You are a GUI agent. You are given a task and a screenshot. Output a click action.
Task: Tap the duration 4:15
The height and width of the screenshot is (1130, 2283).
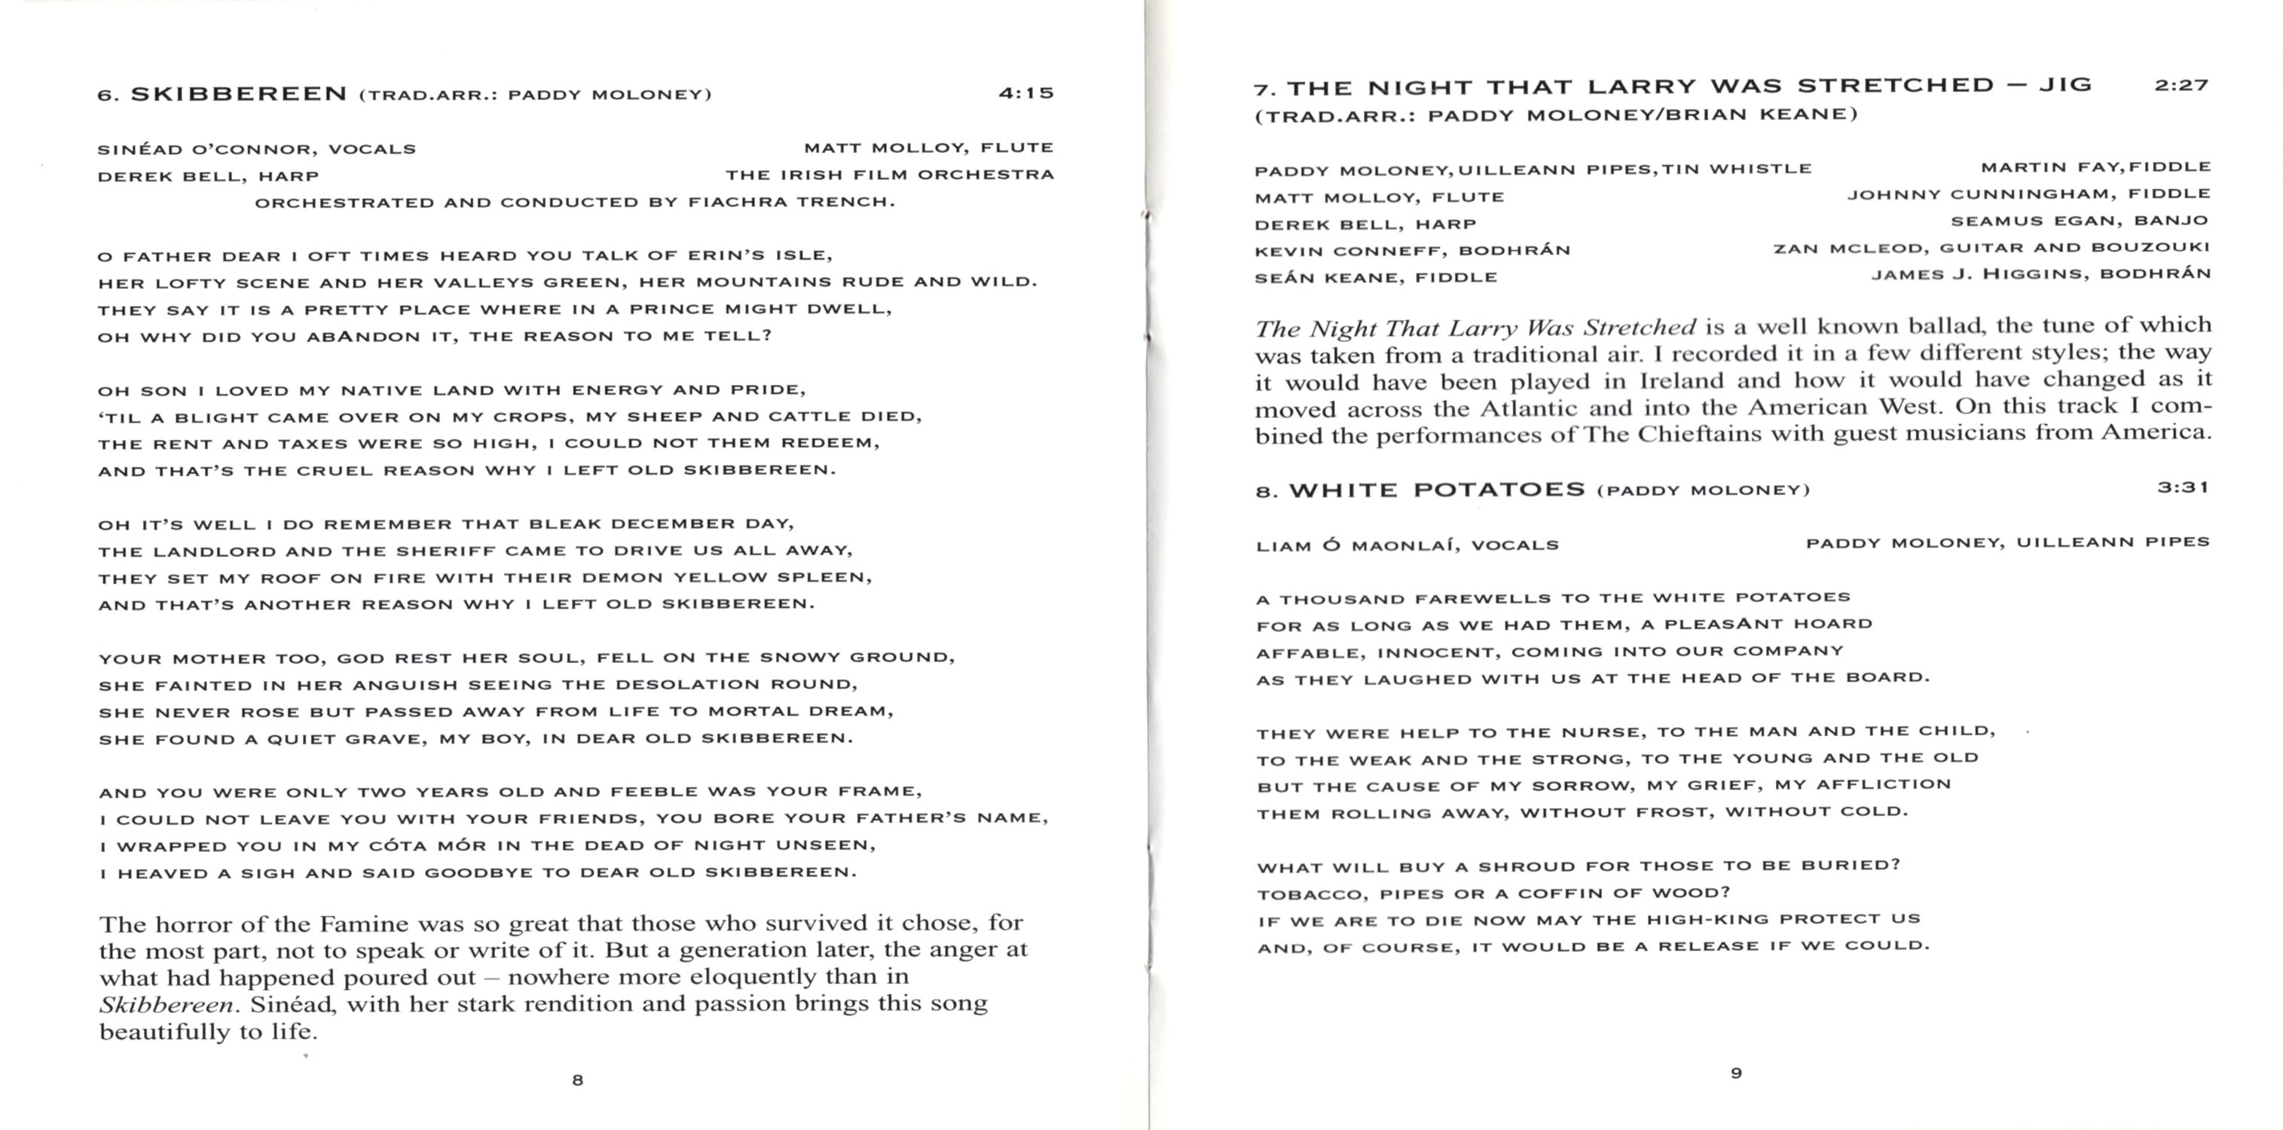1026,92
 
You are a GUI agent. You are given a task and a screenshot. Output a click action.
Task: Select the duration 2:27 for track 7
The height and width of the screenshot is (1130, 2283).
2181,85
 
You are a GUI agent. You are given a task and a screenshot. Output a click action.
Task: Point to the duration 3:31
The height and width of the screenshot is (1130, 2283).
2183,487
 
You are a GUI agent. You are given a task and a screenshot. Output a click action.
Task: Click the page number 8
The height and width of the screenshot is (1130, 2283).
578,1080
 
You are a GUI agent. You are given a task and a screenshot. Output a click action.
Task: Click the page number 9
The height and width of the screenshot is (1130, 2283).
1736,1073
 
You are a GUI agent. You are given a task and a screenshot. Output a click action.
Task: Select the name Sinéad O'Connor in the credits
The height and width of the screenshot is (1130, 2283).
205,149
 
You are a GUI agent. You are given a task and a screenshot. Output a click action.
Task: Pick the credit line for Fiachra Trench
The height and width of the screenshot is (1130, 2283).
575,202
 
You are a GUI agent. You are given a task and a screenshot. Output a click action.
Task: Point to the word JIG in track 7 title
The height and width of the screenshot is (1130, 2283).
2065,85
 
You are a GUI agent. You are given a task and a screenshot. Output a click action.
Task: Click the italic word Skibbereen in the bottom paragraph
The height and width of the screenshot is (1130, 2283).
167,1005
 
